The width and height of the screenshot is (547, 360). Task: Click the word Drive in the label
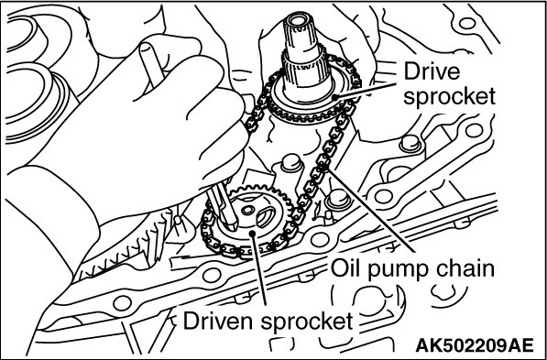pyautogui.click(x=432, y=72)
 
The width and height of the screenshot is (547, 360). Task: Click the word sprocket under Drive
pyautogui.click(x=449, y=96)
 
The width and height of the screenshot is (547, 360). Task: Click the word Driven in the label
pyautogui.click(x=219, y=322)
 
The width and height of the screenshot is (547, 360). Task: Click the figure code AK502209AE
pyautogui.click(x=475, y=345)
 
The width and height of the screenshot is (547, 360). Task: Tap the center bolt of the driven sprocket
pyautogui.click(x=248, y=211)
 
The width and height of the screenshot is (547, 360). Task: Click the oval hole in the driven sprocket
pyautogui.click(x=266, y=216)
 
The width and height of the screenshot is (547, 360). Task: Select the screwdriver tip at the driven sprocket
pyautogui.click(x=233, y=225)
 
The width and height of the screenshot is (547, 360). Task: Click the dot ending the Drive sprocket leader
pyautogui.click(x=335, y=97)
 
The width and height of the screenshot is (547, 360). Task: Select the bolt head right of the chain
pyautogui.click(x=337, y=199)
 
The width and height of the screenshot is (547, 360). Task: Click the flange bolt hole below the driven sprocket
pyautogui.click(x=320, y=240)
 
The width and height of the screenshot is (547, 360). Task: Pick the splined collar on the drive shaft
pyautogui.click(x=301, y=72)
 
